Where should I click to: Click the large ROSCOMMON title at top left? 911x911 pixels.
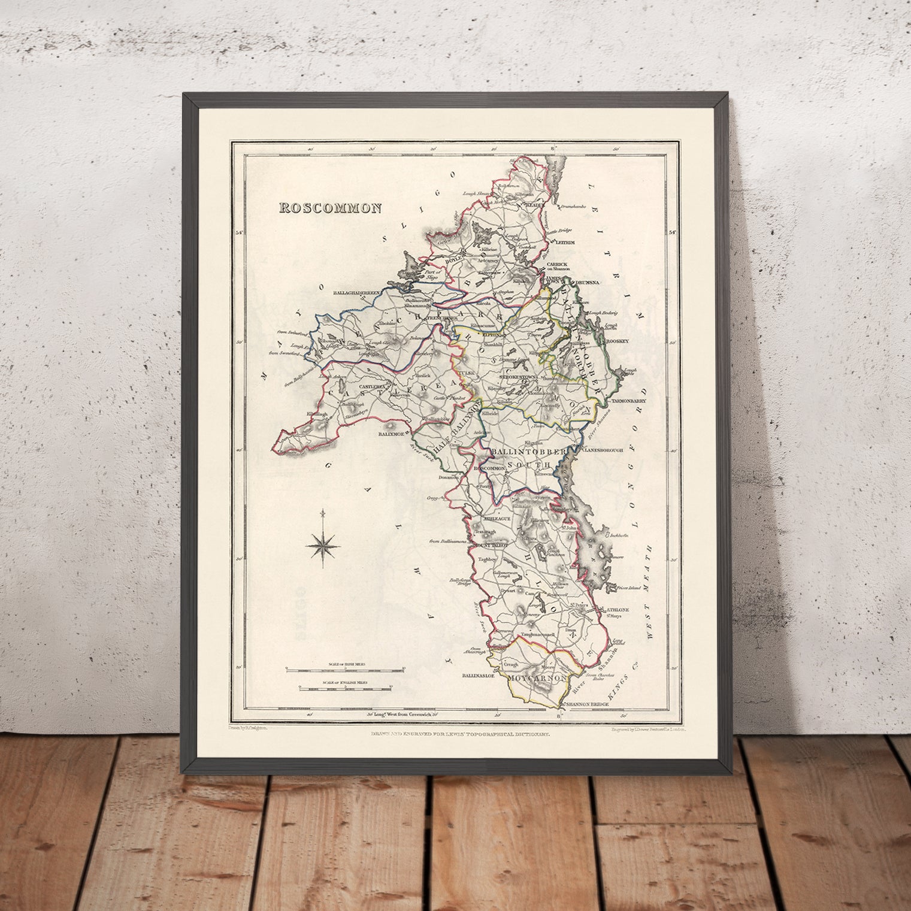click(x=329, y=208)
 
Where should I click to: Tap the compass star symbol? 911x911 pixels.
click(x=323, y=543)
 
